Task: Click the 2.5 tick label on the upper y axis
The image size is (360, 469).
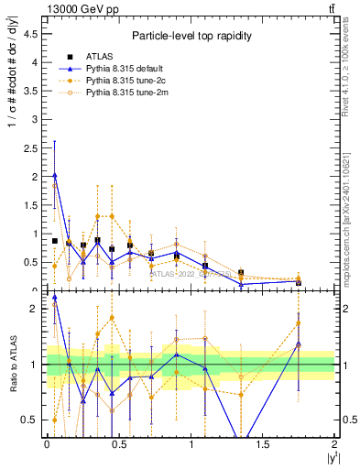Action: click(30, 148)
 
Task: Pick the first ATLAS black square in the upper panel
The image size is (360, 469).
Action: click(55, 241)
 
